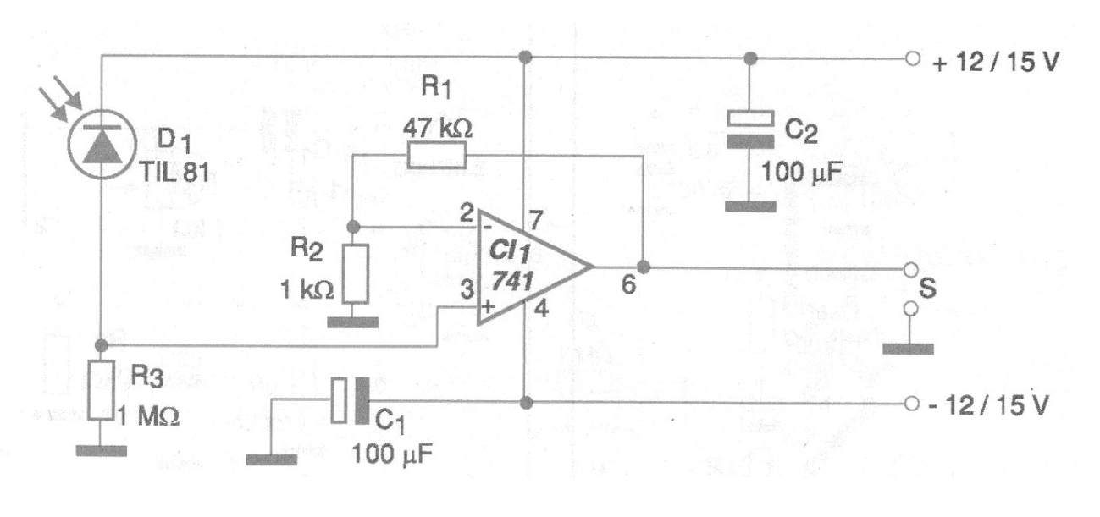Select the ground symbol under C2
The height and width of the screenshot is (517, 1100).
pos(749,206)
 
